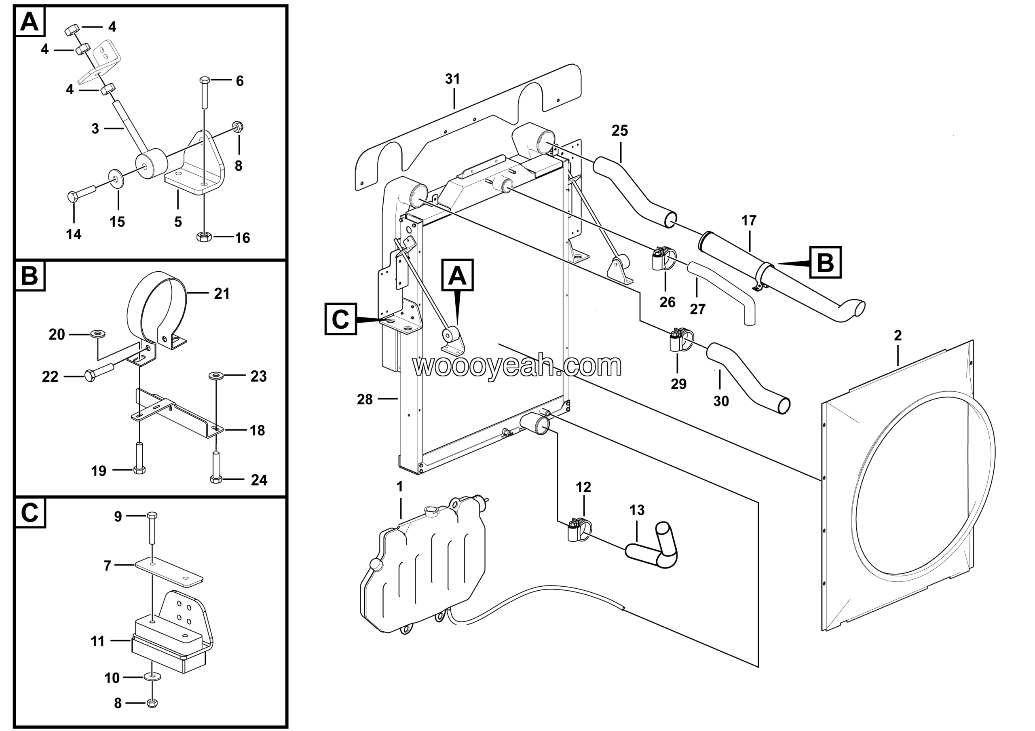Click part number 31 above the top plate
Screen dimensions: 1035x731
452,79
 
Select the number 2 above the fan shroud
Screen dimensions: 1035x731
898,335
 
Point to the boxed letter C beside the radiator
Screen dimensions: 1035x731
341,319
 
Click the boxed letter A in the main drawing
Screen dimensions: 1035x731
458,275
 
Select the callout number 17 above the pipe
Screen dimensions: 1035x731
749,221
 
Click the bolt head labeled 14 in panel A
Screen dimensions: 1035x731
73,196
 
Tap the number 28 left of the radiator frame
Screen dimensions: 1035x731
365,399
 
